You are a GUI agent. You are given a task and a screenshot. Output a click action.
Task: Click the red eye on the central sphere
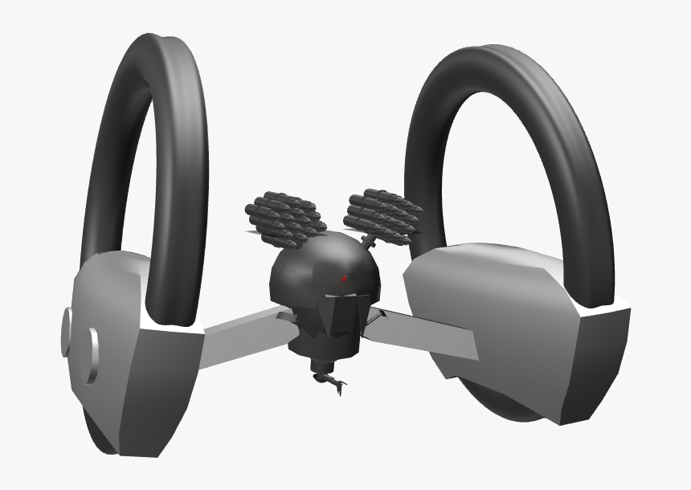(345, 279)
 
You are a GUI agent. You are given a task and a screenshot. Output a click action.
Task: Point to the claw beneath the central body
(331, 382)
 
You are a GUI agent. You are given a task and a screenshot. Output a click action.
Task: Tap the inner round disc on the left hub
(93, 353)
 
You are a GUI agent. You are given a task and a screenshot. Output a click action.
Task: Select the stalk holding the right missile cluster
(368, 241)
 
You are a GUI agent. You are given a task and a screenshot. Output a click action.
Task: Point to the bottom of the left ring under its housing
(100, 434)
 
